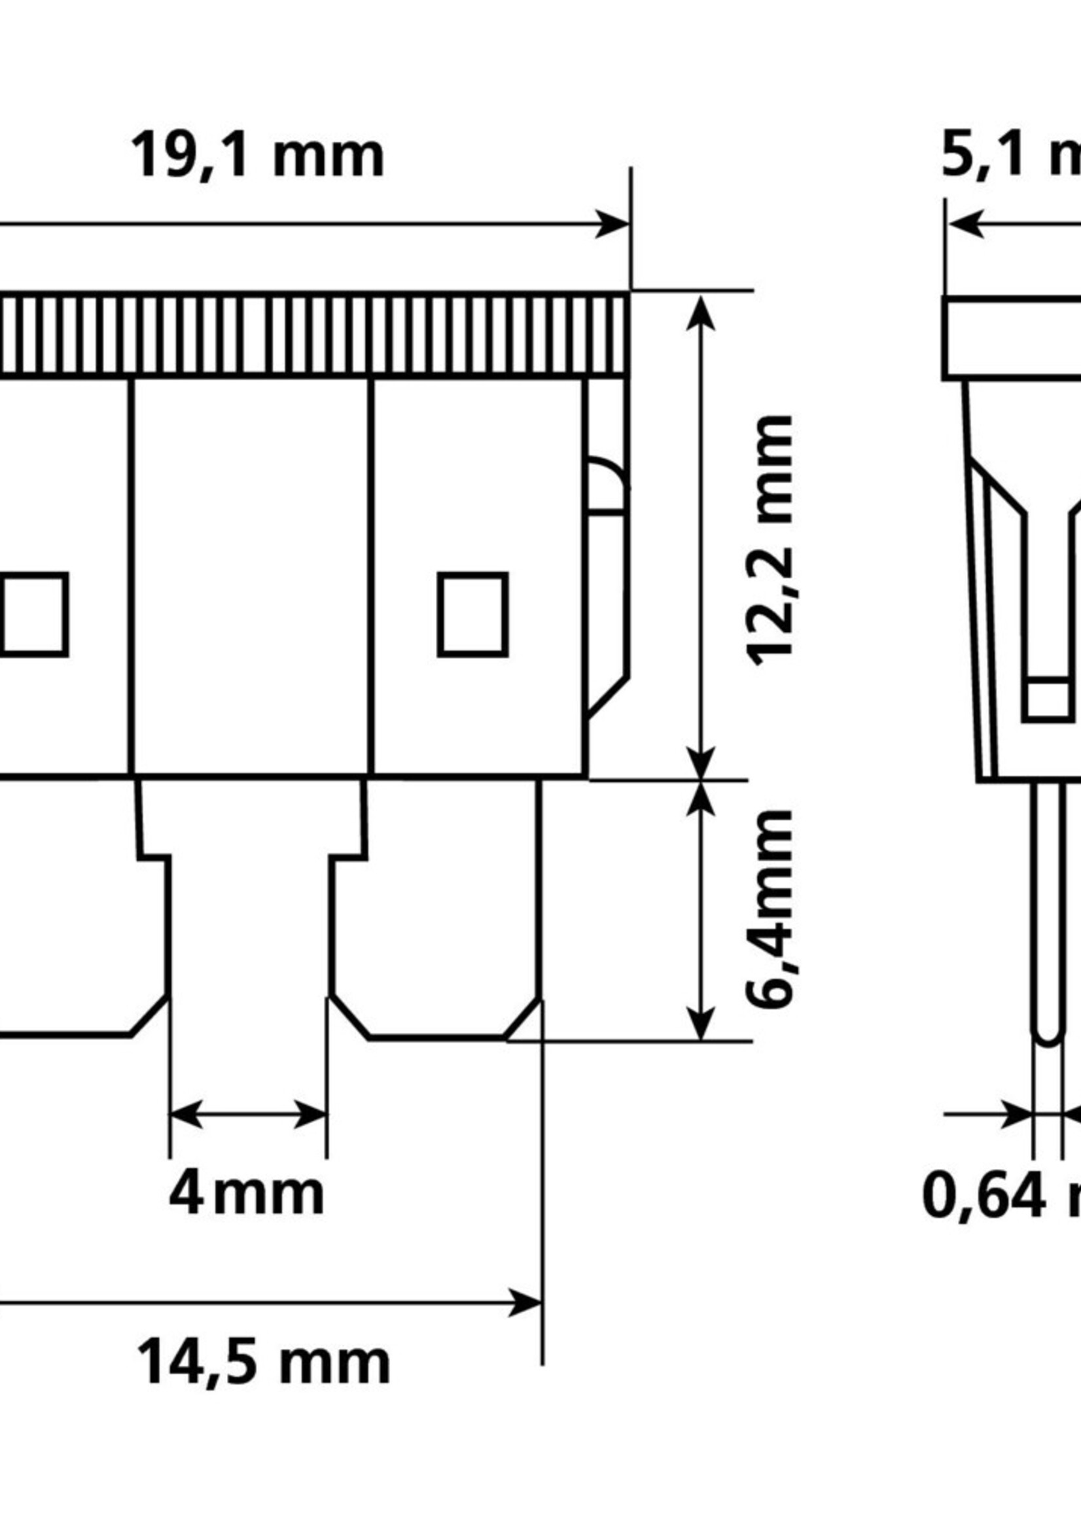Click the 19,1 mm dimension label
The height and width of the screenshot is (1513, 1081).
258,157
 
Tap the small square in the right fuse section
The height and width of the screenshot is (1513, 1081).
472,614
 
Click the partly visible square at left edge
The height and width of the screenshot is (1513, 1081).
33,614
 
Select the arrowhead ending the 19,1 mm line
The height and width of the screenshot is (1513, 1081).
612,224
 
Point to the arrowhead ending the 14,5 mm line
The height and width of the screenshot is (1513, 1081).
526,1302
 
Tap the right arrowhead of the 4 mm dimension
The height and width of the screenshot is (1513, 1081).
311,1115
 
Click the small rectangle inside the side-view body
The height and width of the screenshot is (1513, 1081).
1048,699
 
